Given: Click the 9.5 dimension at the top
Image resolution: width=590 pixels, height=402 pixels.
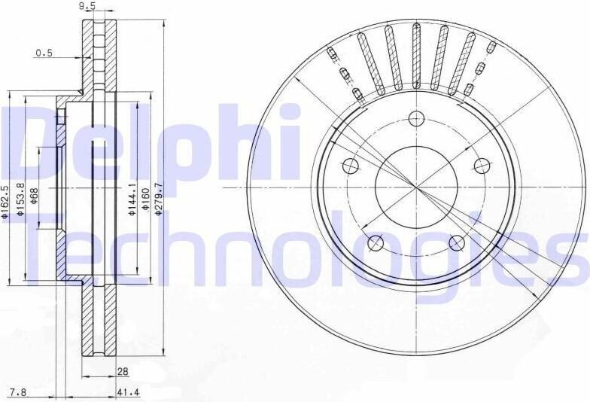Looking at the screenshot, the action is click(x=88, y=6).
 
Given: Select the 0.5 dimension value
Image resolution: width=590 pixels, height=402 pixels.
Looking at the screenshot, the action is click(x=44, y=53).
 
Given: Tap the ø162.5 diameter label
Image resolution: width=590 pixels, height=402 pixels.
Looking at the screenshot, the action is click(x=5, y=202).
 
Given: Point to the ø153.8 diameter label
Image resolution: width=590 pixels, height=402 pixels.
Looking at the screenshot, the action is click(x=21, y=199).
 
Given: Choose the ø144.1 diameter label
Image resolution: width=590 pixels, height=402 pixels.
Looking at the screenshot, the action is click(x=132, y=199).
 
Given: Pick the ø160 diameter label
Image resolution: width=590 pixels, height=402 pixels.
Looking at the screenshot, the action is click(x=145, y=199).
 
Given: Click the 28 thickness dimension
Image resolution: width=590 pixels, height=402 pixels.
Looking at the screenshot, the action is click(x=123, y=372).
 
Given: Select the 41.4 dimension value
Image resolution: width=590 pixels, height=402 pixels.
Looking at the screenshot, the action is click(x=129, y=393).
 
